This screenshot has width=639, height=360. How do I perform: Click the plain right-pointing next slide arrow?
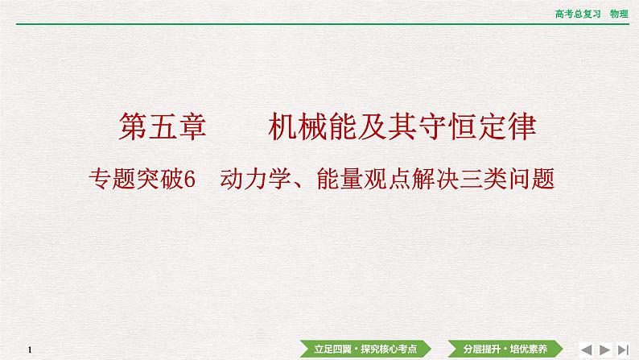point(605,349)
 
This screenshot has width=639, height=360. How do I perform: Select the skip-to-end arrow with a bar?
point(624,349)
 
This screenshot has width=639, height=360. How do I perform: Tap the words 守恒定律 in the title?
point(486,128)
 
